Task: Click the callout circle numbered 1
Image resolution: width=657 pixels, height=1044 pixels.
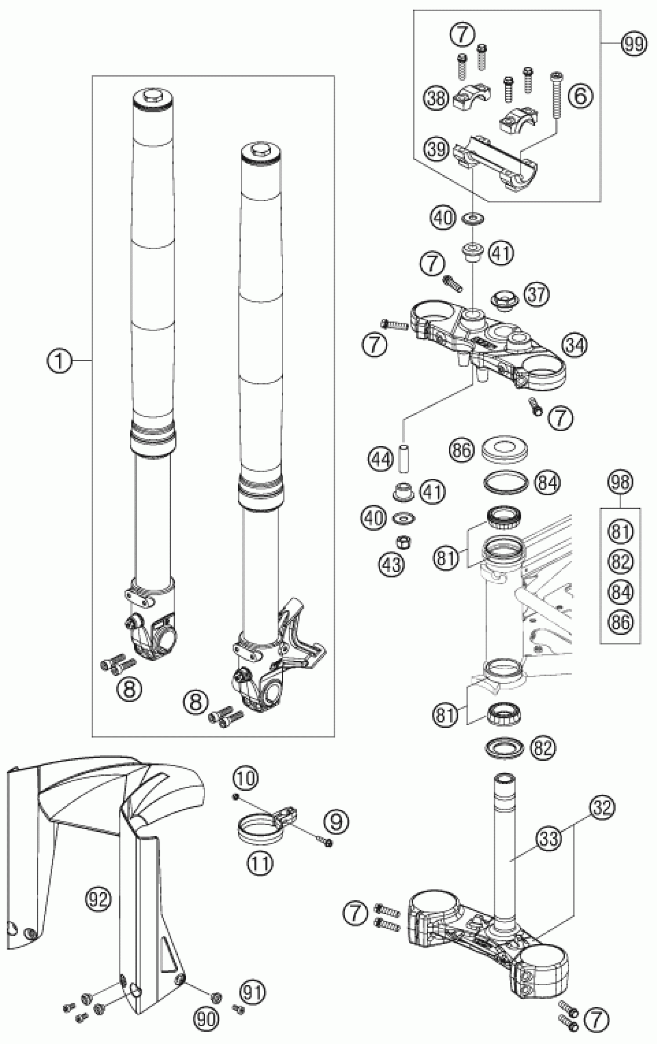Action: point(59,360)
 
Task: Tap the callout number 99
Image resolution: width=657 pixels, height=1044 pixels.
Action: point(633,44)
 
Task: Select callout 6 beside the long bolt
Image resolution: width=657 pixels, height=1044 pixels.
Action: point(580,96)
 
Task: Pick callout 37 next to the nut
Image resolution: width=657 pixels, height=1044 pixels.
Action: point(537,294)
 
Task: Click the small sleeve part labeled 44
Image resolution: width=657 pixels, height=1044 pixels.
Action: point(404,457)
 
